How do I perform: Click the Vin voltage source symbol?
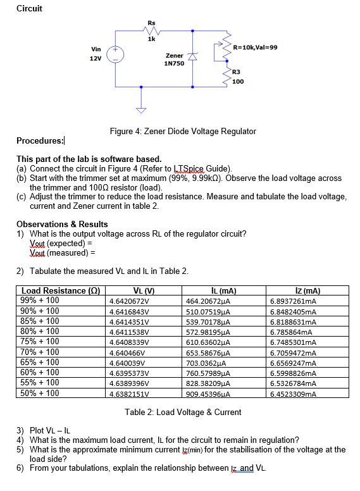116,54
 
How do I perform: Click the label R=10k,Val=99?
255,47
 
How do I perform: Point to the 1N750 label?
174,64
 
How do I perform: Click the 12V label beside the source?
95,58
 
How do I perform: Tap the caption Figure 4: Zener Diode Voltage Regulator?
183,131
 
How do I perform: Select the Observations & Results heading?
62,224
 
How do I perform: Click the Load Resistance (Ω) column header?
57,291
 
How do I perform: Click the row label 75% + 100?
40,342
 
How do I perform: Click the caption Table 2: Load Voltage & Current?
183,412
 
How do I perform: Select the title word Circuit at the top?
29,8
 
